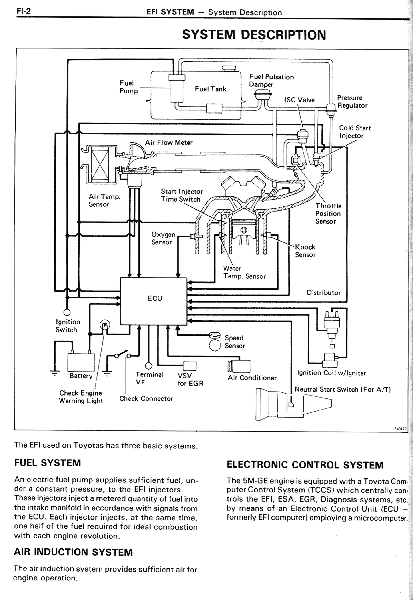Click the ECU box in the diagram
[154, 301]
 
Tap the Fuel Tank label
[210, 89]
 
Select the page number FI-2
[24, 11]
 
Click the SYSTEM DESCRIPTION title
[254, 35]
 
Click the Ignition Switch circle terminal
[67, 312]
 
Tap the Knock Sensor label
[305, 251]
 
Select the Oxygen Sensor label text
[163, 238]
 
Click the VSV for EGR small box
[189, 366]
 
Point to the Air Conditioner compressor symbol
[239, 366]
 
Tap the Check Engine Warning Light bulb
[105, 324]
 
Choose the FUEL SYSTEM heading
[47, 463]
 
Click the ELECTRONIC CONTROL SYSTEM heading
[305, 465]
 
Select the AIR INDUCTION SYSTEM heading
[73, 552]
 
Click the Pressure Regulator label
[352, 102]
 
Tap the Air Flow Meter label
[168, 142]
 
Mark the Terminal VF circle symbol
[148, 366]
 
